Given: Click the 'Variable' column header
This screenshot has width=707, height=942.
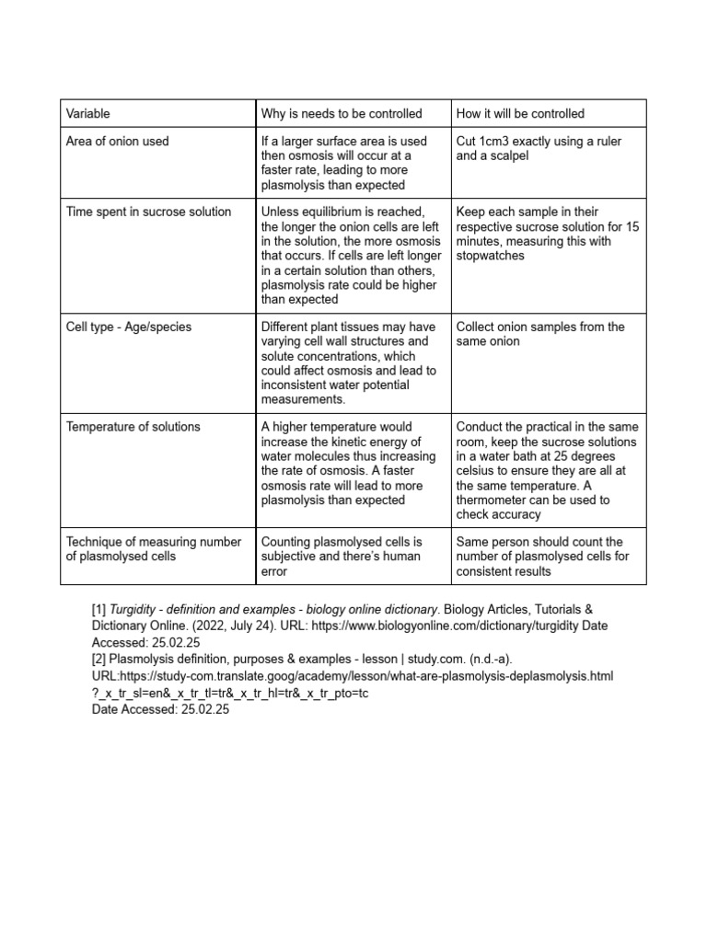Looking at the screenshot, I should [88, 114].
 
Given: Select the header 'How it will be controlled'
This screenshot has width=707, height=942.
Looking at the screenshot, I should [520, 114].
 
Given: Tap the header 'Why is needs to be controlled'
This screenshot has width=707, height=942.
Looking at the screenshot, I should [342, 114].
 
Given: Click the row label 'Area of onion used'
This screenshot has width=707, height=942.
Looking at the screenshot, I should [117, 141].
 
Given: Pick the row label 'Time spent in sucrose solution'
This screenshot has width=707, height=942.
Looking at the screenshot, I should [148, 212].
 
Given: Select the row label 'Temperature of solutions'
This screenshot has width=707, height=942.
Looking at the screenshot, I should [133, 427].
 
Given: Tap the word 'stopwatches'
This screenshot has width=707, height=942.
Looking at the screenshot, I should [490, 256].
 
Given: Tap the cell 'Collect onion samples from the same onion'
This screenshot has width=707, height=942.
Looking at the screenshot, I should [539, 334].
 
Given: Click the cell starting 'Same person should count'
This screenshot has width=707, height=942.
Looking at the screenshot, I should [539, 557].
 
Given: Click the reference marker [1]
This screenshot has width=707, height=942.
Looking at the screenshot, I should [99, 610].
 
